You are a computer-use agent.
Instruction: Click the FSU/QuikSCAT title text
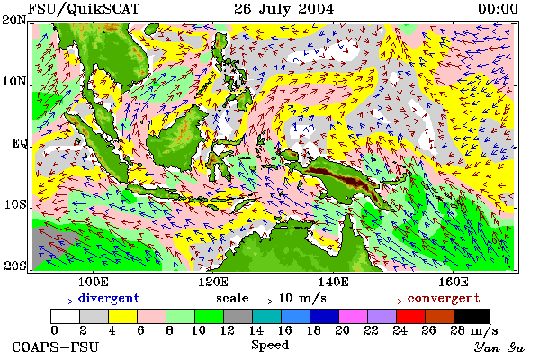coord(84,9)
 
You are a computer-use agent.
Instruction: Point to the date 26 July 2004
coord(284,9)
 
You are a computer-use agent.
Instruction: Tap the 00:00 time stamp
coord(498,9)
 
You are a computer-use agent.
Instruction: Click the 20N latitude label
coord(13,20)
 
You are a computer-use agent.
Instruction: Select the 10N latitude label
coord(14,82)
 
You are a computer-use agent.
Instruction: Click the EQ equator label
coord(20,143)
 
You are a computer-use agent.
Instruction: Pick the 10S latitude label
coord(15,204)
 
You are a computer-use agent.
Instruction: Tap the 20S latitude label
coord(14,265)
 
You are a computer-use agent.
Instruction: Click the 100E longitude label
coord(94,282)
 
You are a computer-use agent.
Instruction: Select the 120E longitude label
coord(213,282)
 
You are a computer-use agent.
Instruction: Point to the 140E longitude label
coord(333,282)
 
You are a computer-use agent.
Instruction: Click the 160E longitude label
coord(454,282)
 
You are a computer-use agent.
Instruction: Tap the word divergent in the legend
coord(109,298)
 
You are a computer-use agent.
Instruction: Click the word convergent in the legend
coord(444,298)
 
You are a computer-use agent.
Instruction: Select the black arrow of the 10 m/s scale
coord(264,301)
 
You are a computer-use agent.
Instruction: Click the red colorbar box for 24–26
coord(410,316)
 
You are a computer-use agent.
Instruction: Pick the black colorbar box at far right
coord(472,316)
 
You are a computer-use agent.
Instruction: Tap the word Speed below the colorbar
coord(270,346)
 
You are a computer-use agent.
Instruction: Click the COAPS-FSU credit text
coord(56,346)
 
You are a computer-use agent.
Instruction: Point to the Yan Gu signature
coord(499,347)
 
